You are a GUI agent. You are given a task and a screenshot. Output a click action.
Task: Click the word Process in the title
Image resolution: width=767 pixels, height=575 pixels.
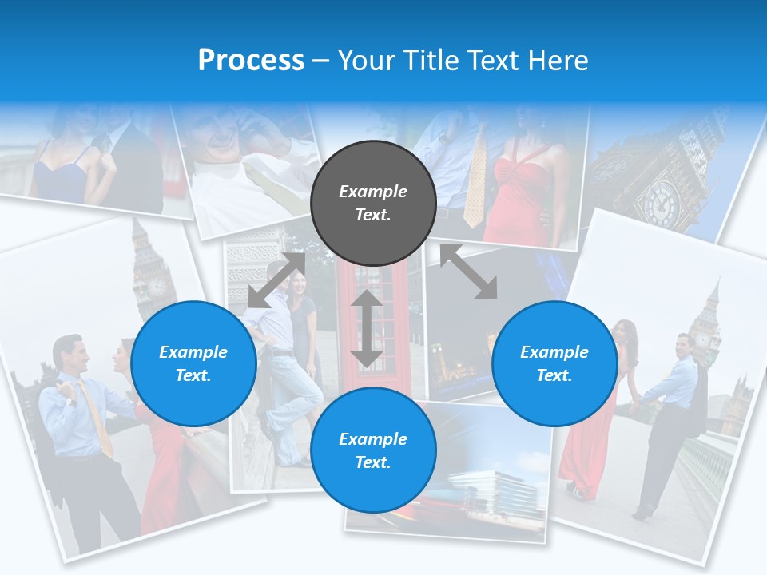tap(251, 61)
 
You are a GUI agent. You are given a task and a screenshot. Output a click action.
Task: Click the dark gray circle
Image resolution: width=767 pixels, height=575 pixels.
tap(373, 203)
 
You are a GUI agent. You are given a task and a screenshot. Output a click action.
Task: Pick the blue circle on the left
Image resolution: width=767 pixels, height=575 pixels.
tap(193, 363)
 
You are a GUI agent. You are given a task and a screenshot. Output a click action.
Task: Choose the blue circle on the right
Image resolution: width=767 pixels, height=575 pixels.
tap(554, 363)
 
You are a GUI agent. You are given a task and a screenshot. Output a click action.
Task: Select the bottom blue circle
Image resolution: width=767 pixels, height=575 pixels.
tap(373, 450)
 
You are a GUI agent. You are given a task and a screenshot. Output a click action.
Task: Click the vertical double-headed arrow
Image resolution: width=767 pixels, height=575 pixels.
tap(367, 328)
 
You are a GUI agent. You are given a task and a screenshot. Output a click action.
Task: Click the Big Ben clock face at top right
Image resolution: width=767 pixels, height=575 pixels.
tap(661, 202)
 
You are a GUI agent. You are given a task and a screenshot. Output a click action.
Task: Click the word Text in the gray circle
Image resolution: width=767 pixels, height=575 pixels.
tap(373, 215)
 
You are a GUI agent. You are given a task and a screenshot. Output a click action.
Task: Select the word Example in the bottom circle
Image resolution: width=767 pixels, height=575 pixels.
tap(373, 439)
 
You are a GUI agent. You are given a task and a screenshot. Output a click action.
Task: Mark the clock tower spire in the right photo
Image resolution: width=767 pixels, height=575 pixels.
tap(713, 295)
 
